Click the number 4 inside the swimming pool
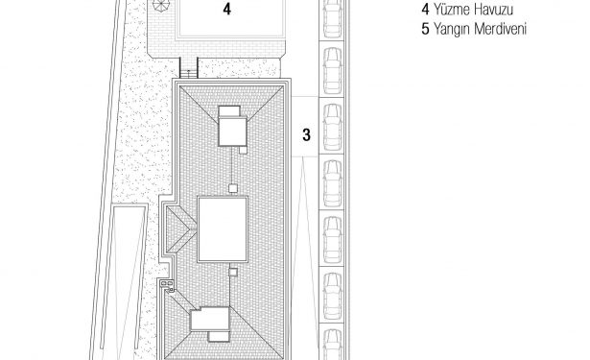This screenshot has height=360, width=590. pyautogui.click(x=226, y=9)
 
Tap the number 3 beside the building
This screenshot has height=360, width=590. pyautogui.click(x=307, y=134)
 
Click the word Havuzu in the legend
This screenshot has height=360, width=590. pyautogui.click(x=494, y=10)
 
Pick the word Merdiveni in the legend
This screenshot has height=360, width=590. pyautogui.click(x=500, y=29)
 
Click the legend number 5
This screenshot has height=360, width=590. pyautogui.click(x=425, y=29)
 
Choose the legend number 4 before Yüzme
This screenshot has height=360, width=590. pyautogui.click(x=425, y=10)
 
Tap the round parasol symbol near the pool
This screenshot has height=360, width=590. pyautogui.click(x=162, y=5)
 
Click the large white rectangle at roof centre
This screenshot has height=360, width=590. pyautogui.click(x=223, y=228)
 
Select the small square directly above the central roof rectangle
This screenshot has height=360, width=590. pyautogui.click(x=233, y=188)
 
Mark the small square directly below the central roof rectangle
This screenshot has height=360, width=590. pyautogui.click(x=233, y=272)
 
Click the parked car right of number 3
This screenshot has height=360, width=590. pyautogui.click(x=332, y=127)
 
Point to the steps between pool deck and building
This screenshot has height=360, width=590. pyautogui.click(x=189, y=68)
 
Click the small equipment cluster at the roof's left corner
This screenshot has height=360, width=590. pyautogui.click(x=167, y=285)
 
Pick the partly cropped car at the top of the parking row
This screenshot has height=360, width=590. pyautogui.click(x=333, y=19)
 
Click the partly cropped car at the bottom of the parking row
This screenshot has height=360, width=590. pyautogui.click(x=333, y=345)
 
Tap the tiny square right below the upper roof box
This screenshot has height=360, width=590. pyautogui.click(x=243, y=150)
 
